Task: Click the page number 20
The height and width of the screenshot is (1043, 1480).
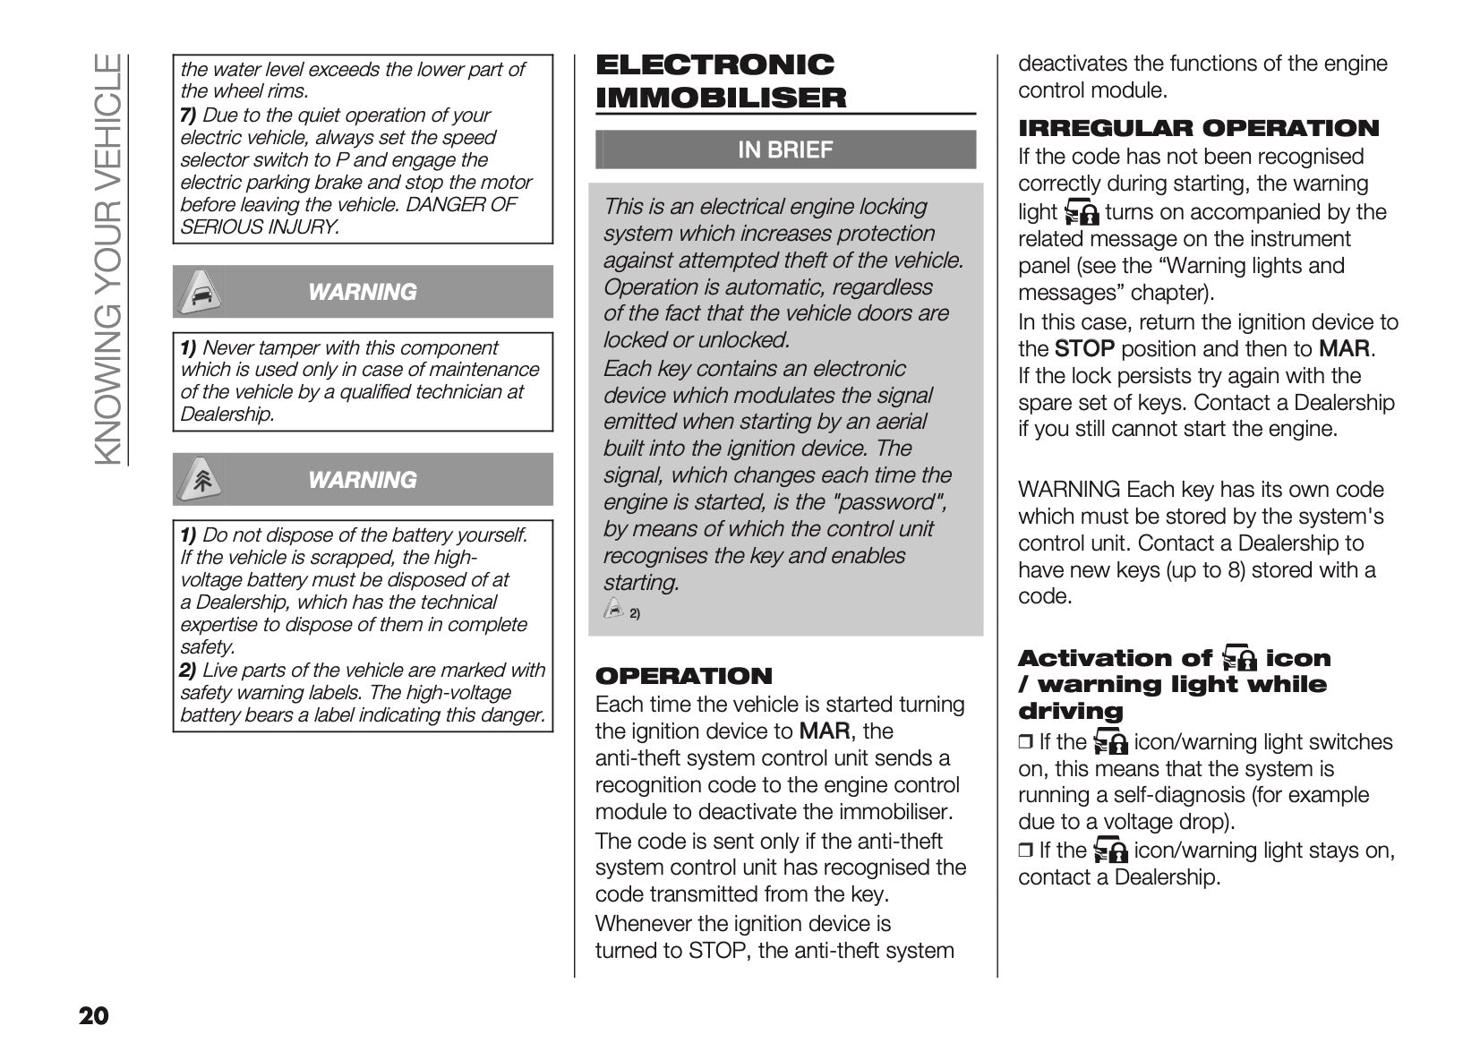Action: [94, 1016]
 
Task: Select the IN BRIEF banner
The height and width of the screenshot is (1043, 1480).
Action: [785, 150]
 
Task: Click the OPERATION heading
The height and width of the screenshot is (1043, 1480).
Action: [683, 676]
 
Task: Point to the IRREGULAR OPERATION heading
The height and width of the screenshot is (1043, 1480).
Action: [1199, 128]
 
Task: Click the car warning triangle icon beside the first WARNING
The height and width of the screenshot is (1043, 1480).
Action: [200, 292]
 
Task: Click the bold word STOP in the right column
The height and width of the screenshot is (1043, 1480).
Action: [1084, 349]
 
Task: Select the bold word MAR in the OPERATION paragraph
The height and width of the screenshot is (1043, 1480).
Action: [824, 731]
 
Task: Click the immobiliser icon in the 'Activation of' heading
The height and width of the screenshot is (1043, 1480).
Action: [1238, 658]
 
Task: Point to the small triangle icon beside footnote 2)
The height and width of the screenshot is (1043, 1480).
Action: [614, 611]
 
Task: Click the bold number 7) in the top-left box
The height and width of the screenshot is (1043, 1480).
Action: [188, 115]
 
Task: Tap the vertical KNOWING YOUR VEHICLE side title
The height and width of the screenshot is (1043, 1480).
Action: [107, 260]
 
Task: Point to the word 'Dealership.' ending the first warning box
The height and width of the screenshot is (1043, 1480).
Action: [227, 415]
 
